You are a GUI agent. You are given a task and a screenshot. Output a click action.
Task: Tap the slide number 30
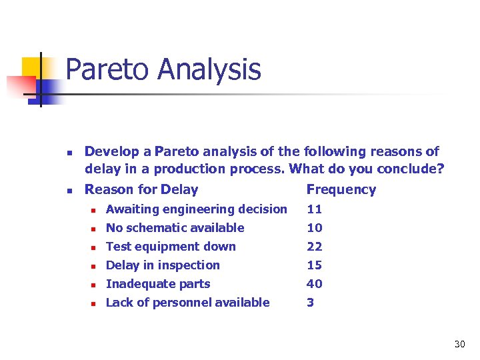[x=459, y=344]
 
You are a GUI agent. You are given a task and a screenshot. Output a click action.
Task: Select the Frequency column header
[x=341, y=189]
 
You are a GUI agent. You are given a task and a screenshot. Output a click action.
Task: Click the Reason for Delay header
[x=141, y=189]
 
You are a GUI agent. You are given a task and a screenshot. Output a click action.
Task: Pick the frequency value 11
[x=314, y=209]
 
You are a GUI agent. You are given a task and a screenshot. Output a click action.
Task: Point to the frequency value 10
[x=314, y=228]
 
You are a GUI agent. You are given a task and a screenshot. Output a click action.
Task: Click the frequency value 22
[x=314, y=247]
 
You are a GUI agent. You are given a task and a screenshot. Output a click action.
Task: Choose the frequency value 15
[x=314, y=265]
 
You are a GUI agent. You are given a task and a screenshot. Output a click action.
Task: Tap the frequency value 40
[x=314, y=284]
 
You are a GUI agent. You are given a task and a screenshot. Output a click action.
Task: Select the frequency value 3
[x=310, y=303]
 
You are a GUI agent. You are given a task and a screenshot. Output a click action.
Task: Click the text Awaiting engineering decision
[x=196, y=209]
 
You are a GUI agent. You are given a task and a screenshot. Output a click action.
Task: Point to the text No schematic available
[x=175, y=228]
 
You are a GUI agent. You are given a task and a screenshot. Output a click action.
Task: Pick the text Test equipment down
[x=171, y=247]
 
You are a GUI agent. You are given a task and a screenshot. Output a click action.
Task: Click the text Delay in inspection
[x=163, y=265]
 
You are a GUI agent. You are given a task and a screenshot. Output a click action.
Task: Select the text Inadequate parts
[x=158, y=284]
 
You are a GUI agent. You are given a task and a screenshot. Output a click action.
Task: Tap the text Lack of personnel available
[x=187, y=303]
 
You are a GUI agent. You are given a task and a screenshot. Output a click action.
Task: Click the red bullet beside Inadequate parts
[x=95, y=285]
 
